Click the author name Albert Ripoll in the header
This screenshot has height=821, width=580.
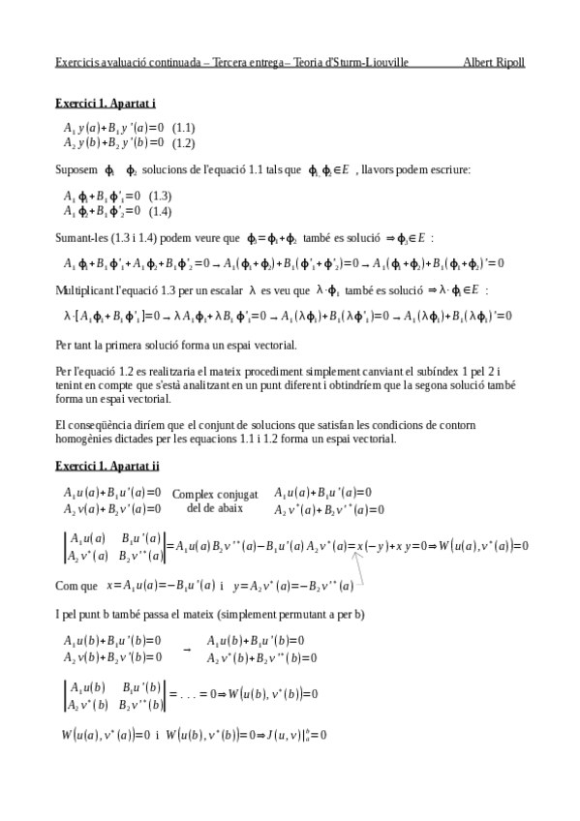click(494, 63)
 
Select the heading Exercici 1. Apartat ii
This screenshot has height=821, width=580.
click(107, 467)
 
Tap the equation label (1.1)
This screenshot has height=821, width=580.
click(184, 128)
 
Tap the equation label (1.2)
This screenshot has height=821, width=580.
click(184, 143)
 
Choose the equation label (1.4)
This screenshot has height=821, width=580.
click(161, 211)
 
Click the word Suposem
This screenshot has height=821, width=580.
click(76, 170)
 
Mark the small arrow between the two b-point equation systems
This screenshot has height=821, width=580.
click(186, 649)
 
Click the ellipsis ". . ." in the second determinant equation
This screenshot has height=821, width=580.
click(197, 694)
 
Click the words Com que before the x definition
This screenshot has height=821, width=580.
click(76, 586)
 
